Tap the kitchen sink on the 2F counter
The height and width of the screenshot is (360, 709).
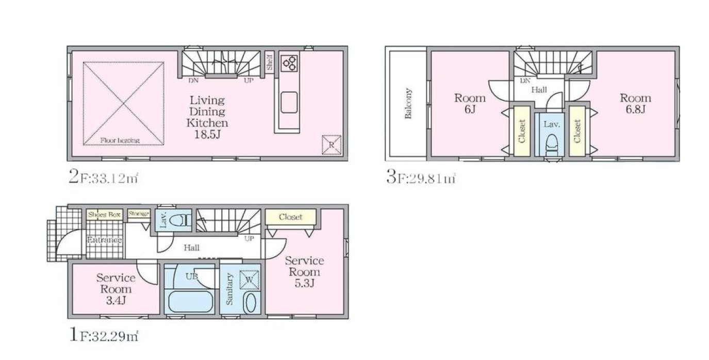click(289, 102)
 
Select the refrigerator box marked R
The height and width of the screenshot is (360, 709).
click(332, 145)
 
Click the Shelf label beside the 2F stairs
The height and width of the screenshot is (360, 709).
click(270, 63)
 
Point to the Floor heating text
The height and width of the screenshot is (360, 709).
click(120, 140)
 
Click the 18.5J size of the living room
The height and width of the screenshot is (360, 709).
click(207, 135)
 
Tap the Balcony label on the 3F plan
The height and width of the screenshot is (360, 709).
click(408, 104)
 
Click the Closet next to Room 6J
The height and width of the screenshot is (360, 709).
click(522, 131)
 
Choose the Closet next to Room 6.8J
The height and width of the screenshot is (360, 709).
click(577, 131)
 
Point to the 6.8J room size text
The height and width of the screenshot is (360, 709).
click(635, 109)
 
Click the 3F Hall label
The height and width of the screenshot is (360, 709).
click(539, 90)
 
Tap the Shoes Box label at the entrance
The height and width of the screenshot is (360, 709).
click(105, 215)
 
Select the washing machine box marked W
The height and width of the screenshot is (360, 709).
click(250, 280)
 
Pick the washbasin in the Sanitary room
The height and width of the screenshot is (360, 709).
click(250, 303)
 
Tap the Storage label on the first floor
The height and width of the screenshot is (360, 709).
click(139, 214)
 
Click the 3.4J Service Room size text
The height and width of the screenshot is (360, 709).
click(116, 300)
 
